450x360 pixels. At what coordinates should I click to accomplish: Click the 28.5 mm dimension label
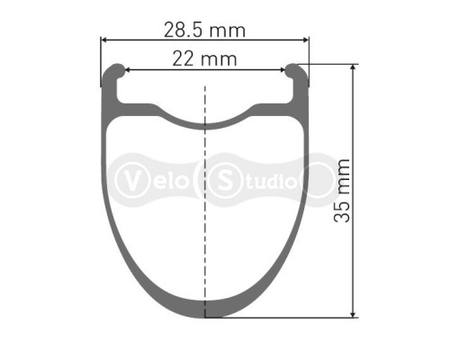pyautogui.click(x=205, y=30)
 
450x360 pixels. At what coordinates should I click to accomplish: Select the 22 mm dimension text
pyautogui.click(x=206, y=59)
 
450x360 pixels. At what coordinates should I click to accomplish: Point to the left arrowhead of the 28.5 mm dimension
pyautogui.click(x=103, y=40)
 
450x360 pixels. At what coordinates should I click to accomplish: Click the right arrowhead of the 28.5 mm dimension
pyautogui.click(x=306, y=40)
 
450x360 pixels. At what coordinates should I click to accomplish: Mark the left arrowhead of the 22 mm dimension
pyautogui.click(x=127, y=69)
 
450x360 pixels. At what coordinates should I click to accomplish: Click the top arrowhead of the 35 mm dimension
pyautogui.click(x=353, y=67)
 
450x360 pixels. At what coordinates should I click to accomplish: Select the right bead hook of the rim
pyautogui.click(x=298, y=71)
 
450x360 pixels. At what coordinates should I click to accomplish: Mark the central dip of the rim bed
pyautogui.click(x=205, y=121)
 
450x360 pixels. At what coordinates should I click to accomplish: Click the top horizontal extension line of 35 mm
pyautogui.click(x=333, y=64)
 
